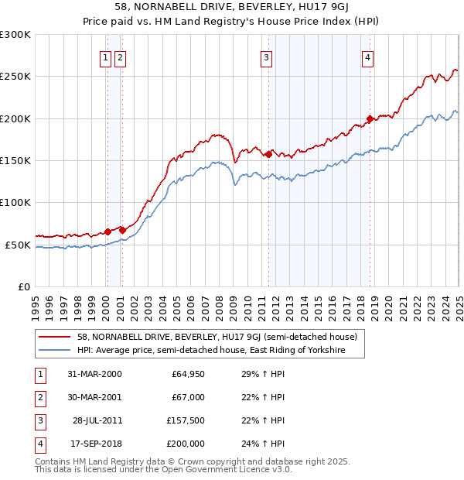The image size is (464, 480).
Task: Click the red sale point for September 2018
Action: click(370, 118)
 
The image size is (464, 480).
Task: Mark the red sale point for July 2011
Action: click(268, 154)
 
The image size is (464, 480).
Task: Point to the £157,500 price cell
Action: click(186, 421)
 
